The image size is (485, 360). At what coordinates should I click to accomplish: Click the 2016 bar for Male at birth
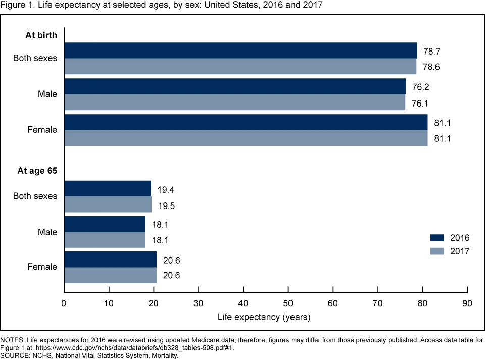(235, 86)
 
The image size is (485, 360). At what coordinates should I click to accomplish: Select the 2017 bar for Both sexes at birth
(240, 66)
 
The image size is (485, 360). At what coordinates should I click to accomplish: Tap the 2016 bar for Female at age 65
(111, 260)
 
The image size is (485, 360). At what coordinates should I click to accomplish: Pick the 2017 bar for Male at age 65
(105, 240)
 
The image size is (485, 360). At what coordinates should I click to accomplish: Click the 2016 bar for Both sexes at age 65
(108, 188)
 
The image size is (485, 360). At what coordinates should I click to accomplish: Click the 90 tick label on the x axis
(467, 303)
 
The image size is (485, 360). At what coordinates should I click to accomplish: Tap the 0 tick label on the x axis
(64, 303)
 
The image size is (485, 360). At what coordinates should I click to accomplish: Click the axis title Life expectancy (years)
(264, 318)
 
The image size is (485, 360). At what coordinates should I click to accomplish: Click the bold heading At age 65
(37, 171)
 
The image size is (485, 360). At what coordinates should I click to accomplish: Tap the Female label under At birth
(42, 130)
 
